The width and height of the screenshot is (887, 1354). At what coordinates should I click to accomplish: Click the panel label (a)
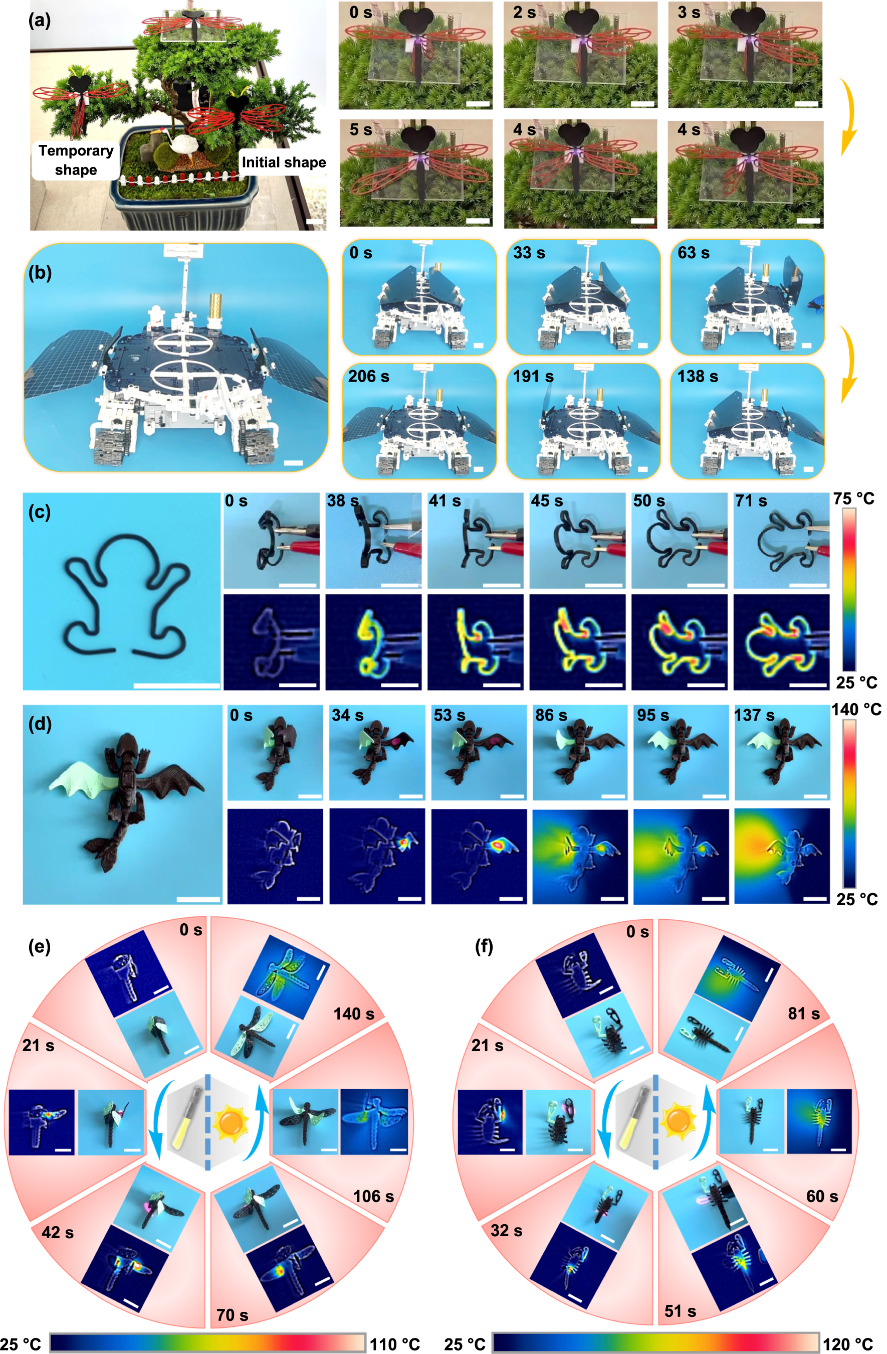(x=40, y=21)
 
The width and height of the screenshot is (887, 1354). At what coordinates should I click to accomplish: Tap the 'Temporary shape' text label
(x=76, y=160)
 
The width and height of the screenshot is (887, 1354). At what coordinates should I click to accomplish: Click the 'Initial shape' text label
(x=284, y=162)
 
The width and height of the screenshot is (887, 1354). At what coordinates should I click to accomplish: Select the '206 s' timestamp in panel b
(x=368, y=377)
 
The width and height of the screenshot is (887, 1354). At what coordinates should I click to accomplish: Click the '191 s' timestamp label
(x=533, y=377)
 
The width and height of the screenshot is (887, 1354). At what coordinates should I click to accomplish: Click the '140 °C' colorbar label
(x=856, y=710)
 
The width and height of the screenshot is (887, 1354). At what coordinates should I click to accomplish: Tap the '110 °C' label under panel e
(x=394, y=1344)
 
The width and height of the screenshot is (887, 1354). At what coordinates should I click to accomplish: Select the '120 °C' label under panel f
(x=848, y=1344)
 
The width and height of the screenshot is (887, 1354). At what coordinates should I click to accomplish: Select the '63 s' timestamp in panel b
(x=693, y=253)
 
